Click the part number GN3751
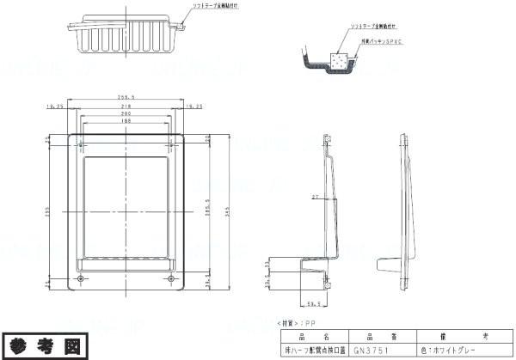372,351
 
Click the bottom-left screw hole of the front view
80,279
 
